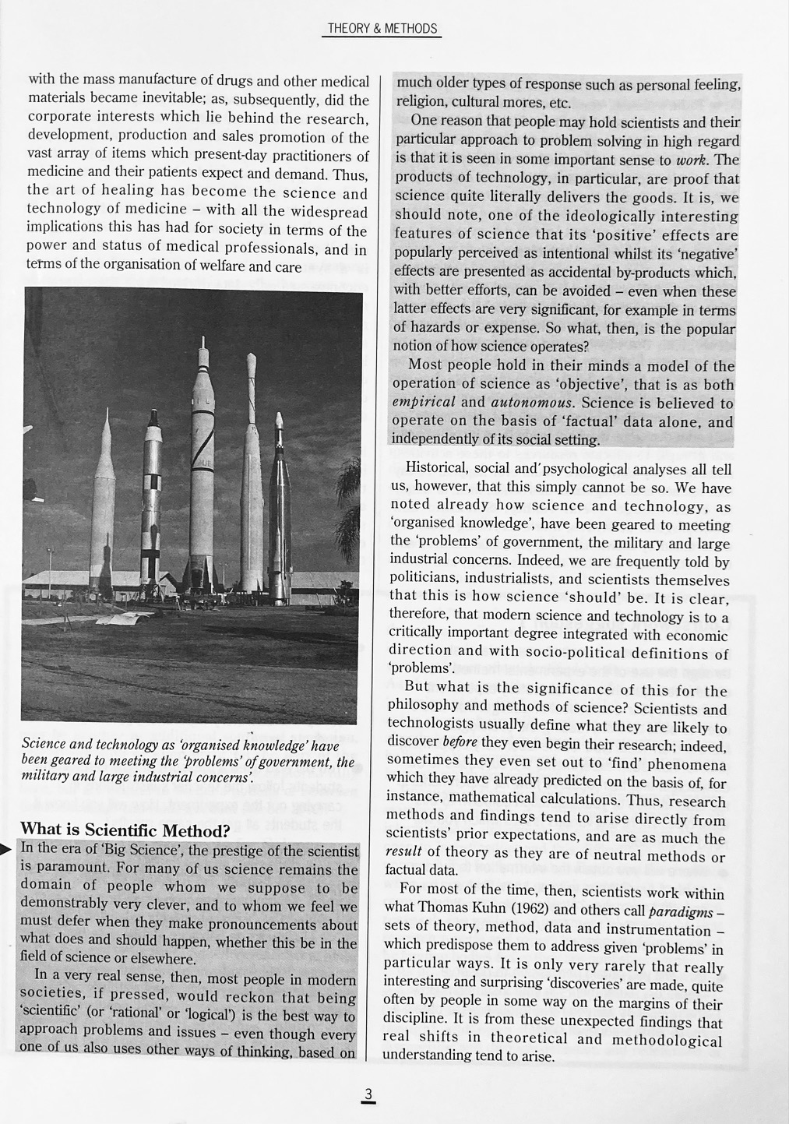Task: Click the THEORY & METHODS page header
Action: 382,29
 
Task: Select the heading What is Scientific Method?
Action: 125,829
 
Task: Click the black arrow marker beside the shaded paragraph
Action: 7,849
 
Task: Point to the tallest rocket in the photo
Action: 203,467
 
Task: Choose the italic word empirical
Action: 423,403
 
